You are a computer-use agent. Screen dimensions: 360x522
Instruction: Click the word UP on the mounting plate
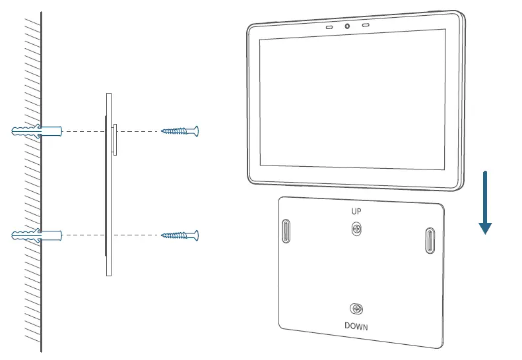(x=356, y=212)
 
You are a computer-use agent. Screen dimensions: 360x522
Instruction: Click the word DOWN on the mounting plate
(x=356, y=326)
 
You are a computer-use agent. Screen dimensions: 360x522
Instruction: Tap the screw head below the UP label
(x=356, y=229)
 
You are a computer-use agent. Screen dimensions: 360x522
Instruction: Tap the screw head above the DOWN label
(x=356, y=309)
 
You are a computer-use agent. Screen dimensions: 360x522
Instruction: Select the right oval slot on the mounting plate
(x=430, y=241)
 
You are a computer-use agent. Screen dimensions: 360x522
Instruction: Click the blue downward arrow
(x=485, y=198)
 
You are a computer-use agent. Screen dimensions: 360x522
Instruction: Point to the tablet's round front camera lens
(x=346, y=27)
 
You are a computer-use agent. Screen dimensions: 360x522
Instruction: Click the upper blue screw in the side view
(x=180, y=131)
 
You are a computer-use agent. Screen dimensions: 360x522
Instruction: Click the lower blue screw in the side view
(x=180, y=235)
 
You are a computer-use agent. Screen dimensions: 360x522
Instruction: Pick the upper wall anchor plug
(x=37, y=131)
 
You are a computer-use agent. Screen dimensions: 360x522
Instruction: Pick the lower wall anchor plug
(x=37, y=235)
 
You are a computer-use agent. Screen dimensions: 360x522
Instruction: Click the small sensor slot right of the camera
(x=365, y=26)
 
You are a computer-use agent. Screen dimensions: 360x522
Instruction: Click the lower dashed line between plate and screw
(x=135, y=235)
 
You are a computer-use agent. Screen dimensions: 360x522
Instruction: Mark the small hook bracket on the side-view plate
(x=115, y=138)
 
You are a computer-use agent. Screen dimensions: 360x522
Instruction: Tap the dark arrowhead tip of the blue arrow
(x=485, y=231)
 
